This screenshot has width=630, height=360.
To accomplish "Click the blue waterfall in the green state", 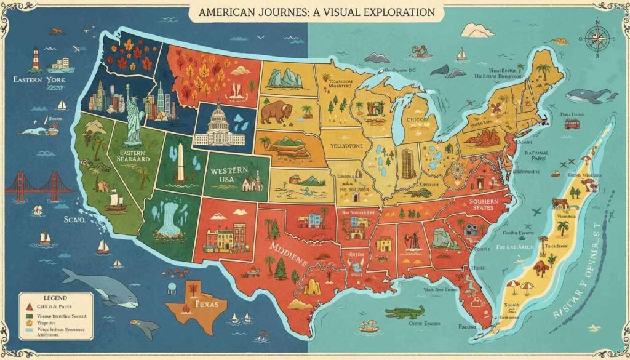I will [x=166, y=215].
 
